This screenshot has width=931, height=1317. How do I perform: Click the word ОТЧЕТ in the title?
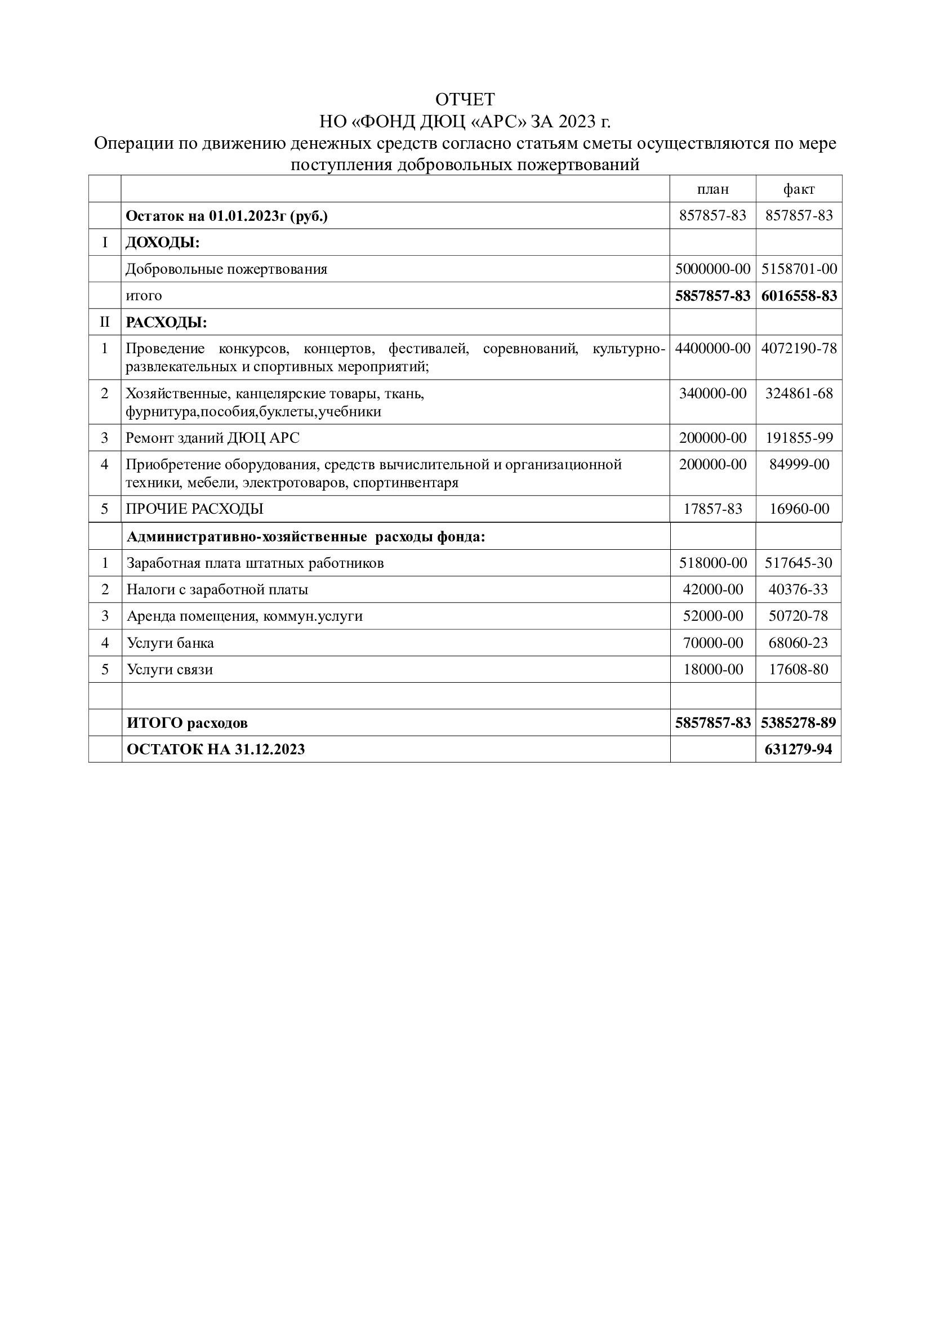pos(465,100)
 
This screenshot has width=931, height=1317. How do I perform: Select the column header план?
pos(712,189)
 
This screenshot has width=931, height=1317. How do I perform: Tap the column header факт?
pos(799,189)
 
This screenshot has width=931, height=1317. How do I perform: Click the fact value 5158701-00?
pos(799,269)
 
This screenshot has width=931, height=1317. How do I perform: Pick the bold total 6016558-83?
pos(799,296)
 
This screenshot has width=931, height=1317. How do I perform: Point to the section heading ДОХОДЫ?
pos(162,243)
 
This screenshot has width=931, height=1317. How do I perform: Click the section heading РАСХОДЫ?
pos(166,322)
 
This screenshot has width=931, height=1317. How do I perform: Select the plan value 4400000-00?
pos(712,348)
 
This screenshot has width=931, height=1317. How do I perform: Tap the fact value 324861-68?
pos(799,394)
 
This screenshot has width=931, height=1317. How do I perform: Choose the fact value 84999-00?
pos(799,464)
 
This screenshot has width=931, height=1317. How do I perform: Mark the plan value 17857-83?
pos(712,509)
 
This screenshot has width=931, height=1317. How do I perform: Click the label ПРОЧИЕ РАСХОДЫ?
pos(194,509)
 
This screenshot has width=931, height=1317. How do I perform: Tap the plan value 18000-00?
pos(712,669)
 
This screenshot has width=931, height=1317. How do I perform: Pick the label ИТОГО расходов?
pos(187,723)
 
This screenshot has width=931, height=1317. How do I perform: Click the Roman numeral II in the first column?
pos(104,322)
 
